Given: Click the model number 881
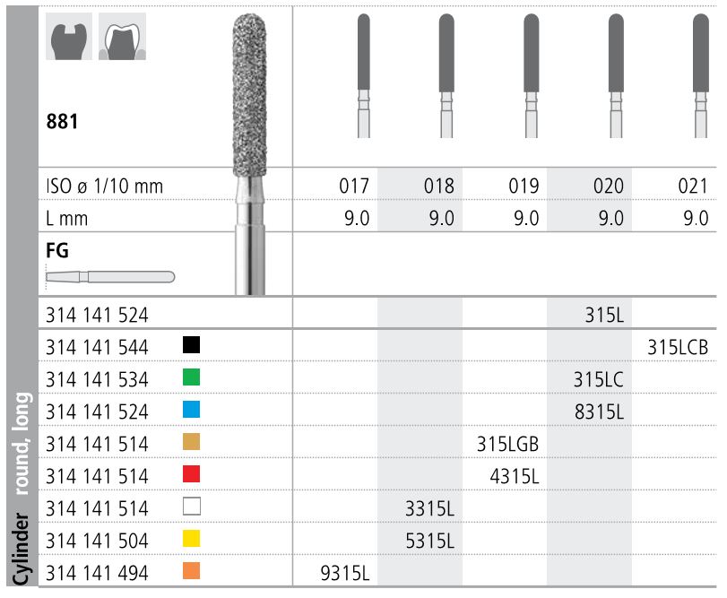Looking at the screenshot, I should point(63,120).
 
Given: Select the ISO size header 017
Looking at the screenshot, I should point(355,186).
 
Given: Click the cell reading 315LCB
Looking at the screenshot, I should point(677,347).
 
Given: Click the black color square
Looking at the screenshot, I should point(191,345).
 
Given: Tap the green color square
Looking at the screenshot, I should point(191,377).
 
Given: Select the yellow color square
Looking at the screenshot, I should point(191,539).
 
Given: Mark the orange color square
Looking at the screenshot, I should point(191,571).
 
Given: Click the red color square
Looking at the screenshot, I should point(191,474).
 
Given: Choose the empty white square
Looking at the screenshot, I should point(191,507).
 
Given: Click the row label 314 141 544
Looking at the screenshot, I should point(97,346).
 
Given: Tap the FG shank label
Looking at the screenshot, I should point(56,252).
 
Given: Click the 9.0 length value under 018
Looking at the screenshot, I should point(440,218).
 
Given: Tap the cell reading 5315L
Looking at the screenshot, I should point(429,541).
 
